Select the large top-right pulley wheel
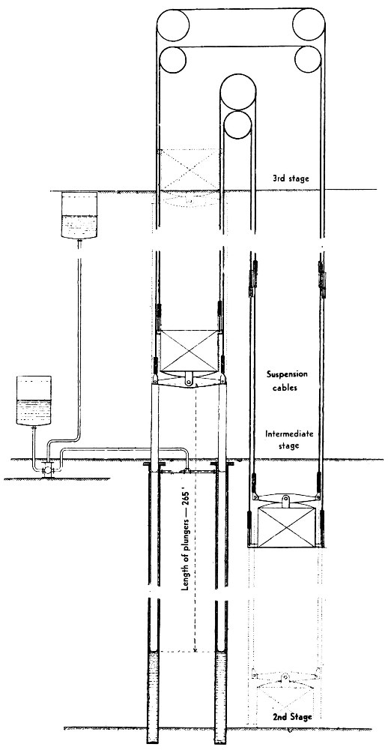tap(309, 25)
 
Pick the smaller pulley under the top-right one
tap(308, 59)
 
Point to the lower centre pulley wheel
tap(237, 124)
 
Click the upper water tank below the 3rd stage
tap(80, 215)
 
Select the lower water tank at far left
tap(34, 400)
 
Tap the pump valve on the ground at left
tap(47, 471)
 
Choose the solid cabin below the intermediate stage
tap(285, 526)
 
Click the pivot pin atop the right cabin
tap(285, 500)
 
